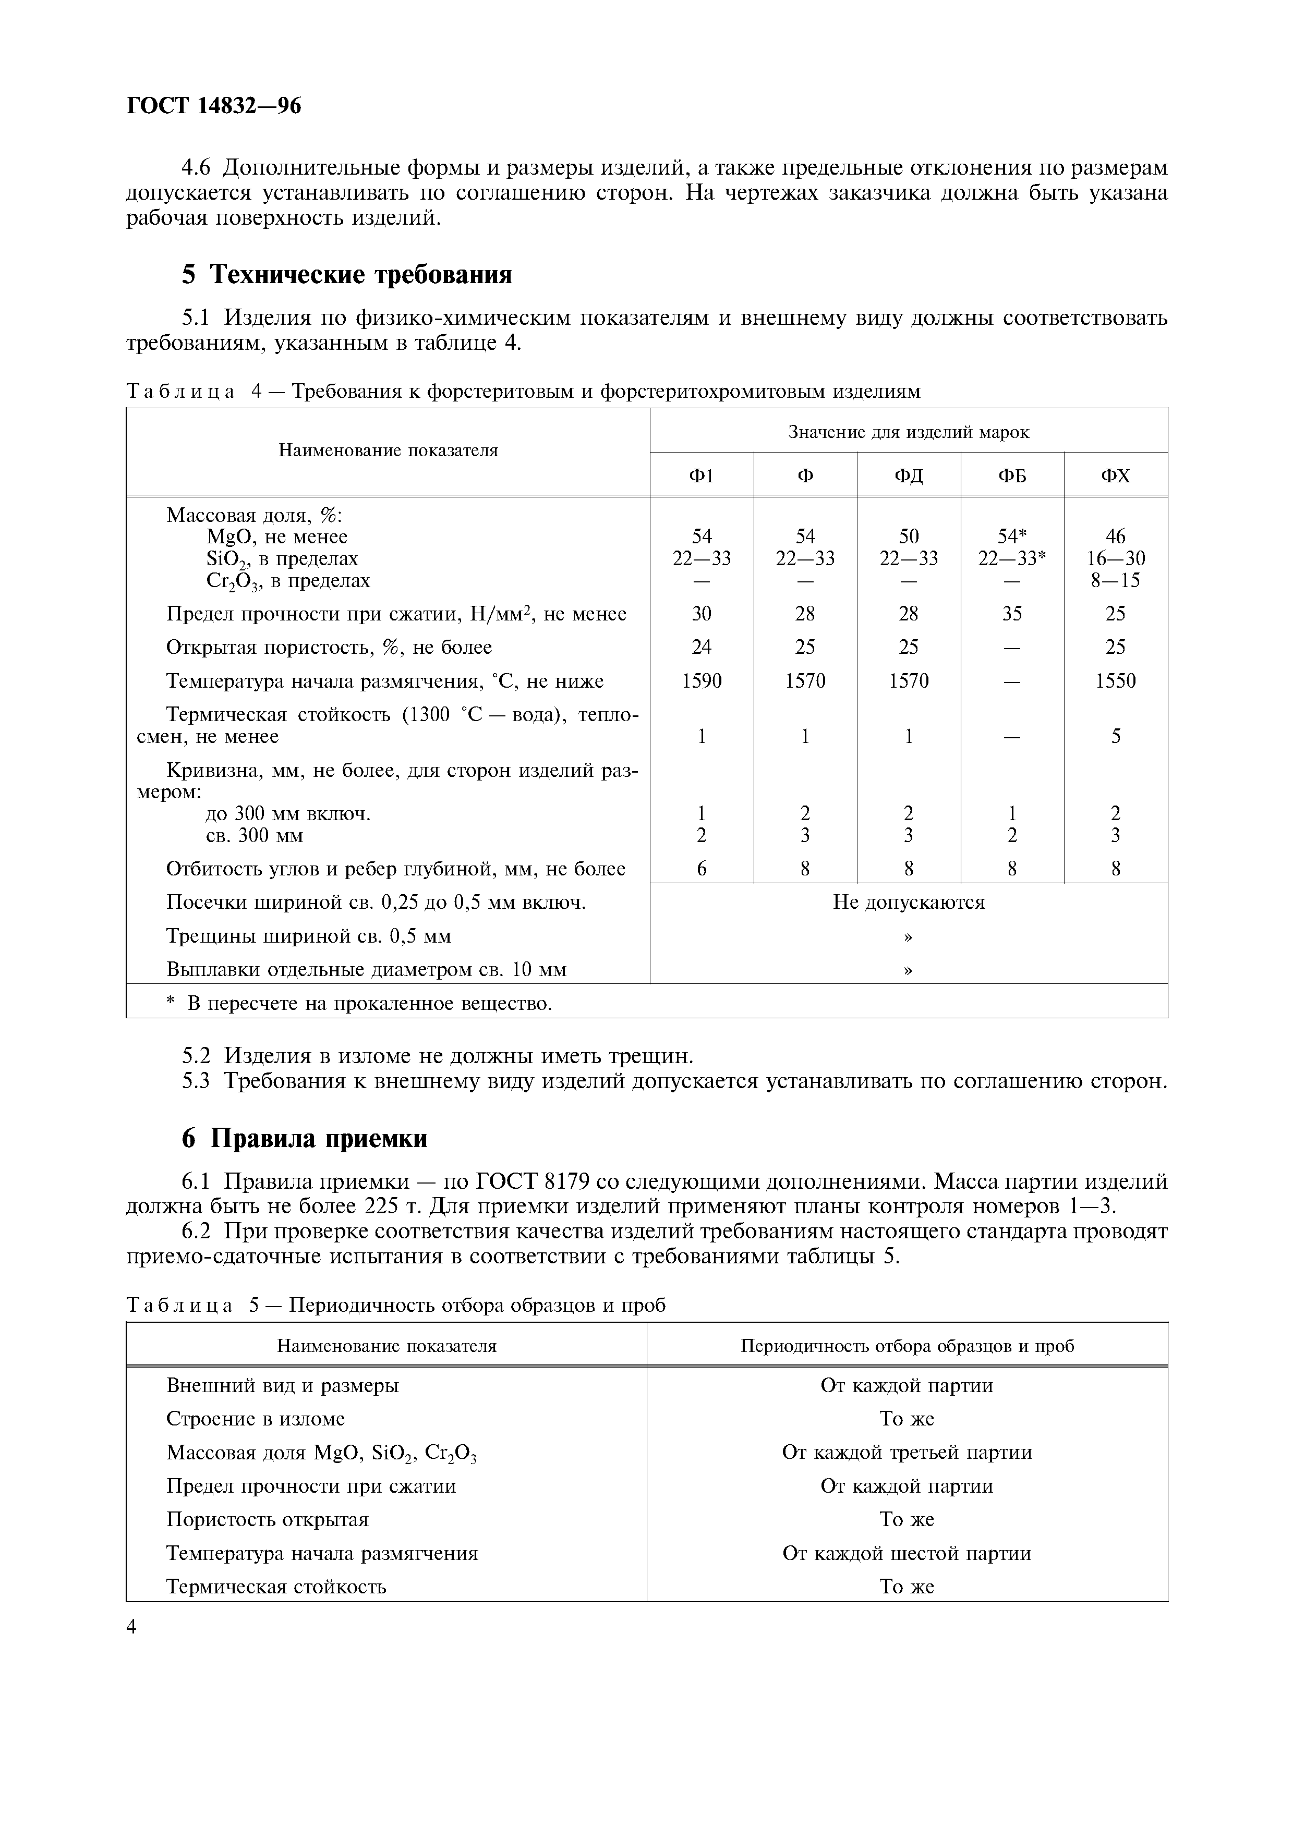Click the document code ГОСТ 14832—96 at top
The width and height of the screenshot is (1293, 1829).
(213, 106)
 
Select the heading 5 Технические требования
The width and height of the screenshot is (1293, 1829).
(346, 274)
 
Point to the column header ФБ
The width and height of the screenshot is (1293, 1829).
(1012, 475)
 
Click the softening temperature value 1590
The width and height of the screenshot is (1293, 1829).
(702, 680)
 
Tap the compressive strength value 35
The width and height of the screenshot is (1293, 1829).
(1012, 613)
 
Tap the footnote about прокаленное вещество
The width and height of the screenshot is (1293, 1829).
(358, 1003)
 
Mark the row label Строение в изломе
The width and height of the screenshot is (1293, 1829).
(255, 1418)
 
